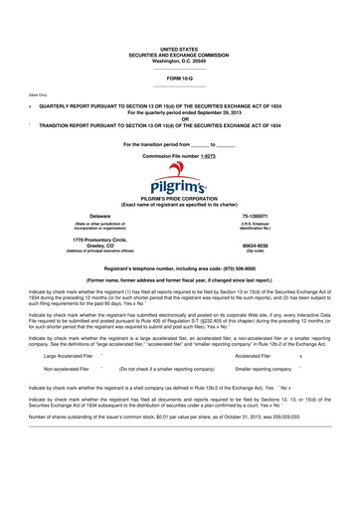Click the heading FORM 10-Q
(x=179, y=77)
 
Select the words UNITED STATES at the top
(x=179, y=48)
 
